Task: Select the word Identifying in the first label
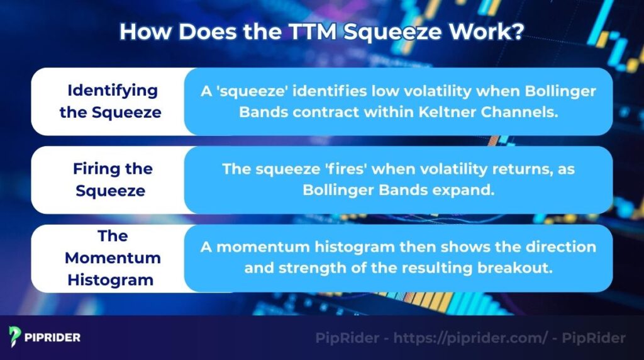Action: (113, 90)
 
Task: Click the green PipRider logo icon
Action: (15, 337)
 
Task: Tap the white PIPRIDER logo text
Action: (53, 337)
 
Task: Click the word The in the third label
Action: (113, 236)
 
